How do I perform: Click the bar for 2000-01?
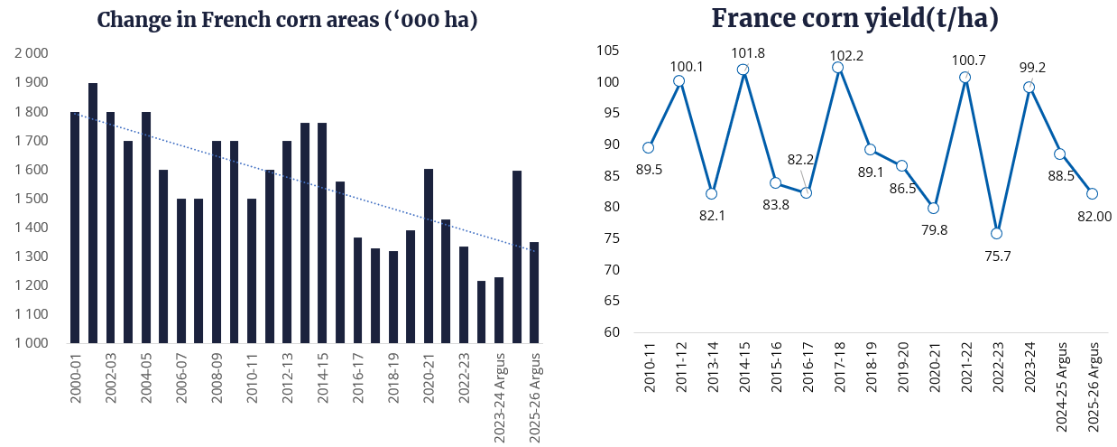(75, 228)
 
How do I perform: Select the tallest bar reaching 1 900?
(93, 213)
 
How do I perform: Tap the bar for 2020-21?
(429, 256)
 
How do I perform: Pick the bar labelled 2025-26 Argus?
(534, 293)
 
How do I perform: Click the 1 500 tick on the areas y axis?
(32, 199)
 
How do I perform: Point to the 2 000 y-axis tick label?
(32, 54)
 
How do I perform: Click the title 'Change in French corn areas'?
(287, 20)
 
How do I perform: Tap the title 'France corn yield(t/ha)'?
(855, 18)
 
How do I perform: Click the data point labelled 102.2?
(837, 67)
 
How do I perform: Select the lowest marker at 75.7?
(996, 233)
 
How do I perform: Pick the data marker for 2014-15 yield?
(743, 70)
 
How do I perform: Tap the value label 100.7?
(965, 61)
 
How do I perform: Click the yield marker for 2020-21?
(933, 208)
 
